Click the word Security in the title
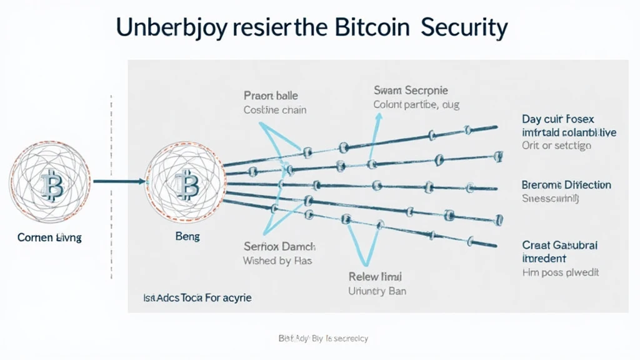tap(463, 28)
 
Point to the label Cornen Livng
tap(49, 238)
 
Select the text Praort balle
tap(271, 96)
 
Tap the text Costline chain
tap(275, 110)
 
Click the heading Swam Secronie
tap(411, 91)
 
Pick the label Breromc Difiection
tap(566, 185)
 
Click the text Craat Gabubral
tap(559, 246)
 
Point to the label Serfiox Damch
tap(279, 247)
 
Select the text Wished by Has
tap(277, 261)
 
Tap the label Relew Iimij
tap(375, 276)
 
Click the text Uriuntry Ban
tap(377, 291)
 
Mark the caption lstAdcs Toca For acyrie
tap(197, 297)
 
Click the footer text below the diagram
tap(323, 339)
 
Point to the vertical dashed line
tap(111, 187)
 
